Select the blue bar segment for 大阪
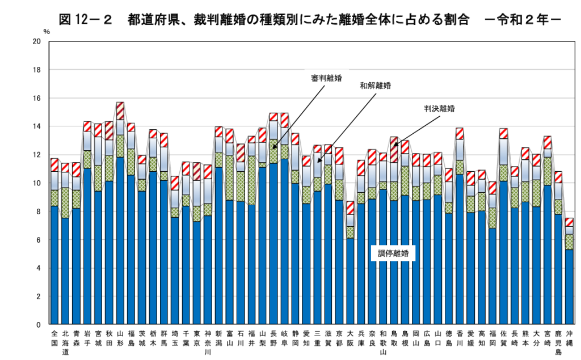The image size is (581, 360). click(x=351, y=281)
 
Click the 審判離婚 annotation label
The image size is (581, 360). click(x=326, y=79)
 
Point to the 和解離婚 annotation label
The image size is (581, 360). click(x=376, y=86)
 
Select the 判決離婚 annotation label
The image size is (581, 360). click(x=439, y=108)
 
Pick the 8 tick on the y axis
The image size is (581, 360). click(x=39, y=212)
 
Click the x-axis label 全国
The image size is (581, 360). click(x=54, y=338)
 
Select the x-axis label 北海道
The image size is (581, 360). click(x=65, y=343)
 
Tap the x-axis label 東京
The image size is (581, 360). click(x=196, y=338)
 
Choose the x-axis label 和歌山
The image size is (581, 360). click(x=384, y=343)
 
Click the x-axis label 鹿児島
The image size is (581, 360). click(x=558, y=343)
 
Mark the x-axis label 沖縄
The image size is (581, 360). click(x=569, y=338)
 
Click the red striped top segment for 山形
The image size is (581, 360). click(x=120, y=111)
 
